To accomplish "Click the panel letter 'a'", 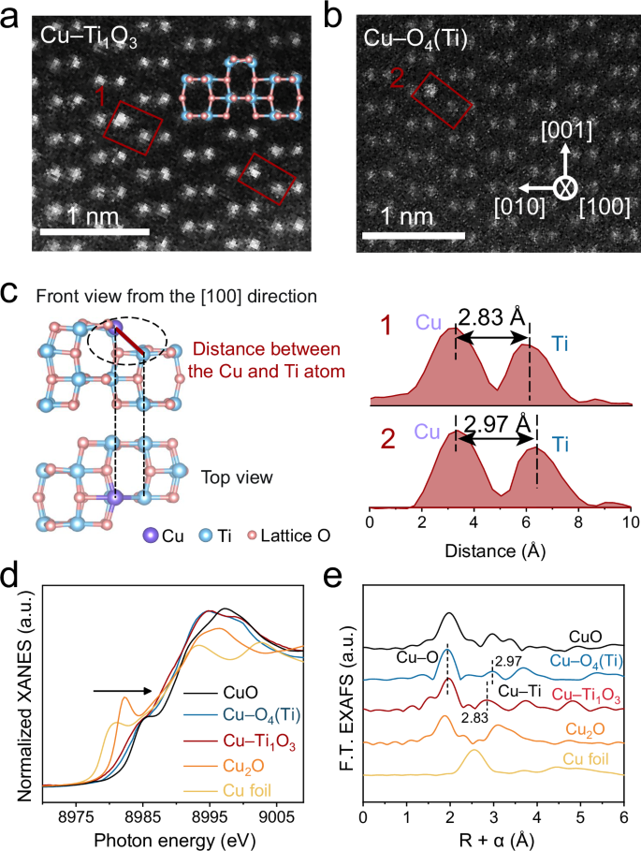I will pos(13,15).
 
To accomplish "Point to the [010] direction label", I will pos(519,206).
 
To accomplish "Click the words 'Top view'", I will pos(238,477).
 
